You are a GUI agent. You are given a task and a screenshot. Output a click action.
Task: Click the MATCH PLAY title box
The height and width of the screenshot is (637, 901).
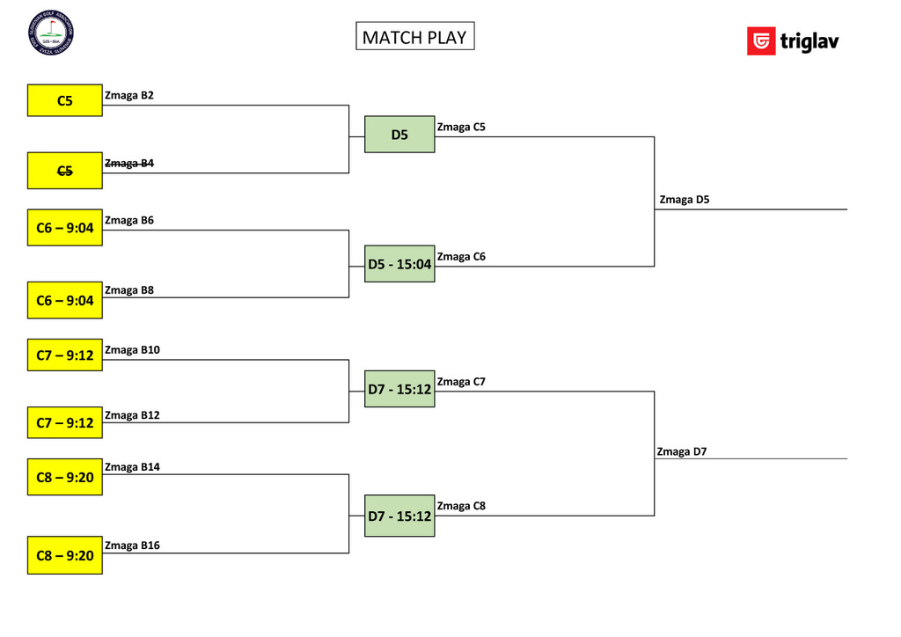414,36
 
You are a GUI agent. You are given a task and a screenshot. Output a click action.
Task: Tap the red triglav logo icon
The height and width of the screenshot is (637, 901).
760,41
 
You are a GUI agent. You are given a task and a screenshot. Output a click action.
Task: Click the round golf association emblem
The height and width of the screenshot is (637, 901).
50,32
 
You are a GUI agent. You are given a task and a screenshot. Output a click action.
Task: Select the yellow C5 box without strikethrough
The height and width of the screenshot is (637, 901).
64,100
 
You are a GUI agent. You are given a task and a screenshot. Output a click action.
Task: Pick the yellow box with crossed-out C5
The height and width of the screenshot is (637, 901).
64,171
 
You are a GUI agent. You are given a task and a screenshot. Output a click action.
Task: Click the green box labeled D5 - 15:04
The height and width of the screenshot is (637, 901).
399,264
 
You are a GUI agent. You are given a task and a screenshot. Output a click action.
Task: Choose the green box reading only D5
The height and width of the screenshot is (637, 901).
399,135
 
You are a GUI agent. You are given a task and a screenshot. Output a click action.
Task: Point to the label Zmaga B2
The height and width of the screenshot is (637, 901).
129,95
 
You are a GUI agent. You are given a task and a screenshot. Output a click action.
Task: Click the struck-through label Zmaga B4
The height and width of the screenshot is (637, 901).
129,163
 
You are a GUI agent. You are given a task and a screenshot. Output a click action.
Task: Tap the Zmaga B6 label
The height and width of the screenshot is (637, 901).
129,220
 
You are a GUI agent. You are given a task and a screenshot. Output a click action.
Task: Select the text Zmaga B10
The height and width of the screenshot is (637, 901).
132,349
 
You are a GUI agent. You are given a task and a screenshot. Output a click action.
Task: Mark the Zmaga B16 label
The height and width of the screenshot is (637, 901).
132,545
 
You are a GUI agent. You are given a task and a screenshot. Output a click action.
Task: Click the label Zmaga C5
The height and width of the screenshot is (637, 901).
461,127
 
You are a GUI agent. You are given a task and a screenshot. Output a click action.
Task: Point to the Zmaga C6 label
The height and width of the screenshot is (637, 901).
461,256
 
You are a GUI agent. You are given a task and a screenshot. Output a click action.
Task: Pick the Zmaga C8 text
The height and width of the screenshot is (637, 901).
461,506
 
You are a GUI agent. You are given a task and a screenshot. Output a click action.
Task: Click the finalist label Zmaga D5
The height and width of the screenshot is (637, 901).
684,200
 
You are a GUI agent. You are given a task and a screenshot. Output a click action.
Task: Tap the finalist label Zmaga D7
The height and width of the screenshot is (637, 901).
681,451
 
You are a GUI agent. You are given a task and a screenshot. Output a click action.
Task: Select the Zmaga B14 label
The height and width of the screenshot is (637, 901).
132,467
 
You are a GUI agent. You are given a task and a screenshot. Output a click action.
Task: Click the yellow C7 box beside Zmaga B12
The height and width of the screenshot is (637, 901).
64,423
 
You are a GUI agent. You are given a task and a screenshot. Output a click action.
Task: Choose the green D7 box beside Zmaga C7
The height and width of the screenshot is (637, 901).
399,389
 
